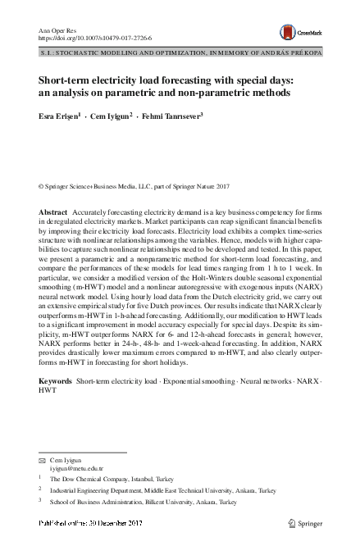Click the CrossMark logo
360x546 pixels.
[298, 33]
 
